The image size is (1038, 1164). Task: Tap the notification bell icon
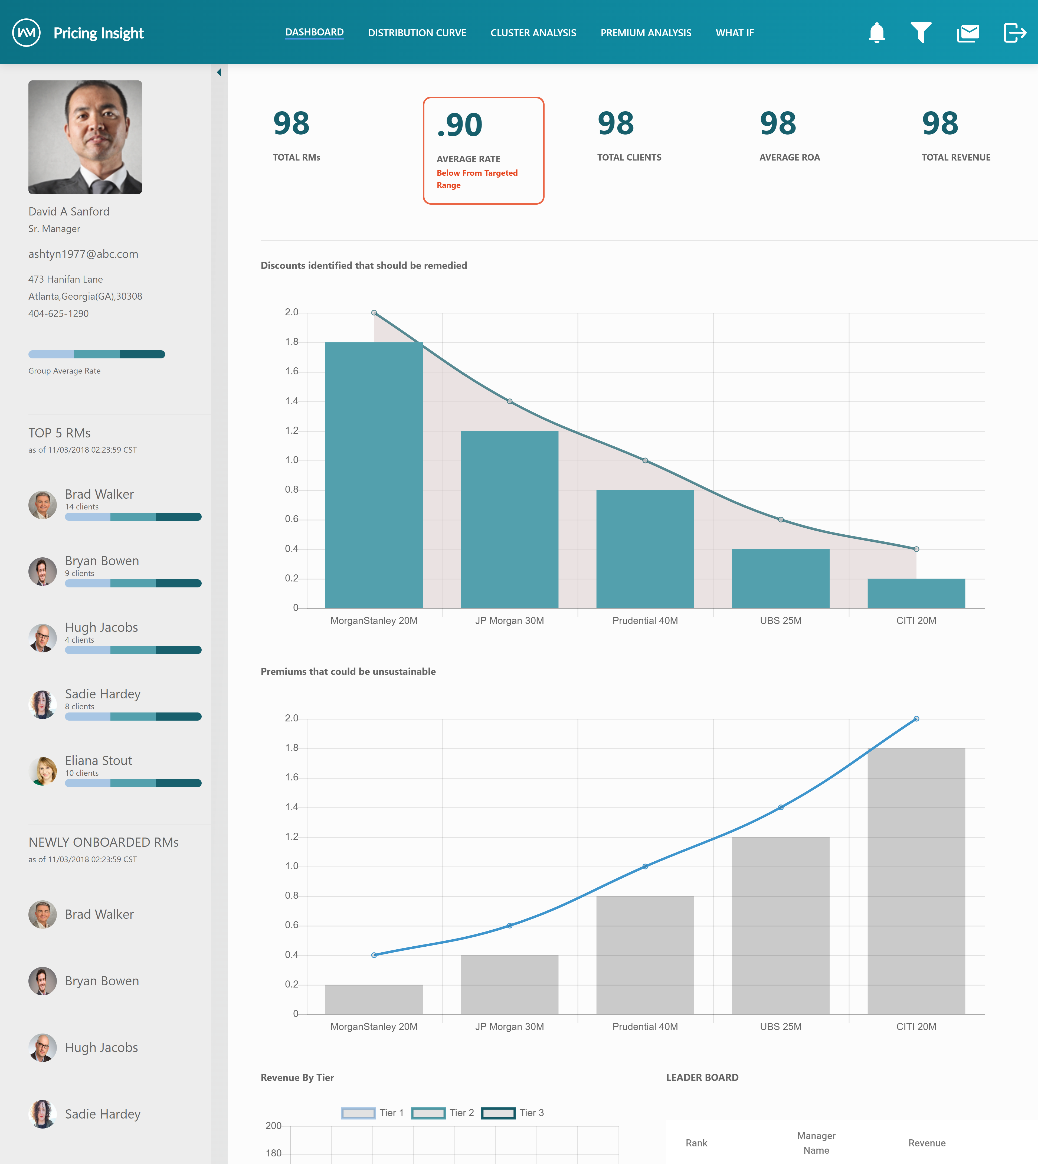point(877,32)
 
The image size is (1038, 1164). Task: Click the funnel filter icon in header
point(921,32)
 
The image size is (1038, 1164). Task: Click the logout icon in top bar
point(1015,32)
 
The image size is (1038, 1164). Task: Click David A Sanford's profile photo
point(85,137)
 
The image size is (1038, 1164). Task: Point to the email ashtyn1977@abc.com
point(83,254)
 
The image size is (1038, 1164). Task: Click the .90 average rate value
point(460,125)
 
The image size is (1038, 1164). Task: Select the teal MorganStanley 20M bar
point(374,475)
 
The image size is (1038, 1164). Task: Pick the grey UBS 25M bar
point(780,926)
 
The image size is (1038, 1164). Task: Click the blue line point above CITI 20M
point(916,719)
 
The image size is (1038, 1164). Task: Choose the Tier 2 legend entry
point(443,1113)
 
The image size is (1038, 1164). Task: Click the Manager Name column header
point(816,1143)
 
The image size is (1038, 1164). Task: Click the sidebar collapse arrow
point(219,73)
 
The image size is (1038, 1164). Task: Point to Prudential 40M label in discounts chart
point(645,620)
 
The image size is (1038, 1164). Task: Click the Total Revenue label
point(956,157)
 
